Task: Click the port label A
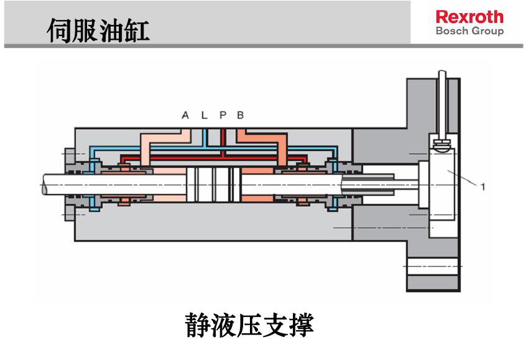(x=185, y=115)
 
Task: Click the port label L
(x=204, y=115)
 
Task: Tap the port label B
(x=241, y=115)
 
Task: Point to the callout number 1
(x=483, y=186)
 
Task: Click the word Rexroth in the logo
(x=469, y=17)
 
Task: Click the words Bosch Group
(x=469, y=31)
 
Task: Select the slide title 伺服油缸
(x=98, y=30)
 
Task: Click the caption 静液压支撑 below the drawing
(x=249, y=325)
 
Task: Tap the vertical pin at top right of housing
(x=441, y=106)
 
